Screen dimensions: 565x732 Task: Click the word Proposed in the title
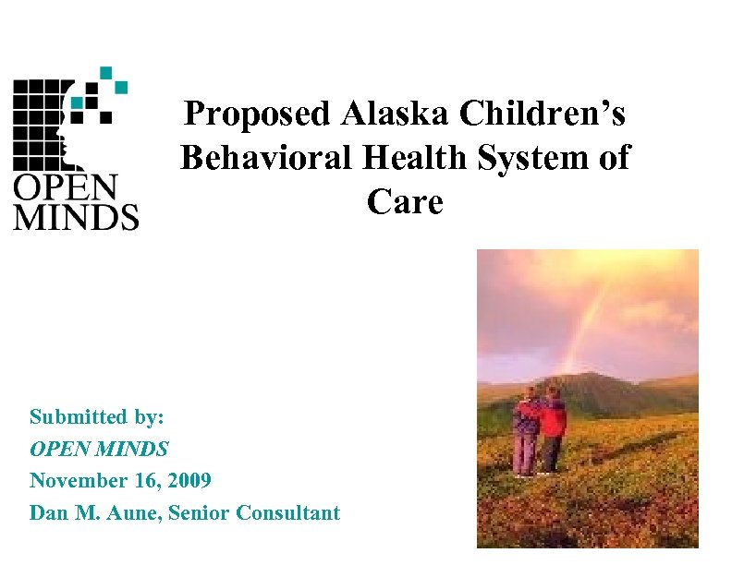click(x=258, y=114)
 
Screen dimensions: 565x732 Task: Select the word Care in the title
click(x=405, y=200)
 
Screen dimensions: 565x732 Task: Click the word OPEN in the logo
click(x=66, y=186)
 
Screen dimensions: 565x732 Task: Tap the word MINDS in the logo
click(x=76, y=216)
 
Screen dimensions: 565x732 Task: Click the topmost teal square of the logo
click(x=106, y=71)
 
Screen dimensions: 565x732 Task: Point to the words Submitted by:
click(x=97, y=416)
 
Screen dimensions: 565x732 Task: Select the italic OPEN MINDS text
click(x=99, y=449)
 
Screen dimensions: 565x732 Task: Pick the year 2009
click(x=188, y=480)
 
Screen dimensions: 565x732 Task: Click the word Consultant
click(x=289, y=512)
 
